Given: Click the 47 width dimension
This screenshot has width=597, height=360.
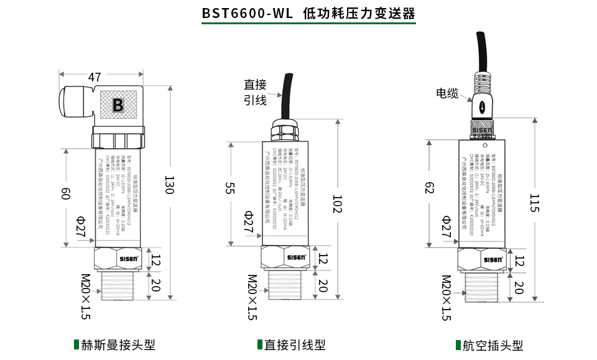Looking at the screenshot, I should click(x=95, y=78).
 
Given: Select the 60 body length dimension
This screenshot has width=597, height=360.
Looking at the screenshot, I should click(x=65, y=193).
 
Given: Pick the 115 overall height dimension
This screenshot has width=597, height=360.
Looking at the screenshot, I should click(x=534, y=203).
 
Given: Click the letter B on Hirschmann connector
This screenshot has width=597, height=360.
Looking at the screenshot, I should click(x=118, y=104).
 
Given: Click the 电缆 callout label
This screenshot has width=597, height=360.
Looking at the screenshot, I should click(x=447, y=93).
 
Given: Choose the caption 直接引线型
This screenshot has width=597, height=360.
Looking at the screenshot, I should click(x=295, y=345).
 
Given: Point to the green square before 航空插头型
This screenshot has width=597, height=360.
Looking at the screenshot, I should click(x=457, y=345).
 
